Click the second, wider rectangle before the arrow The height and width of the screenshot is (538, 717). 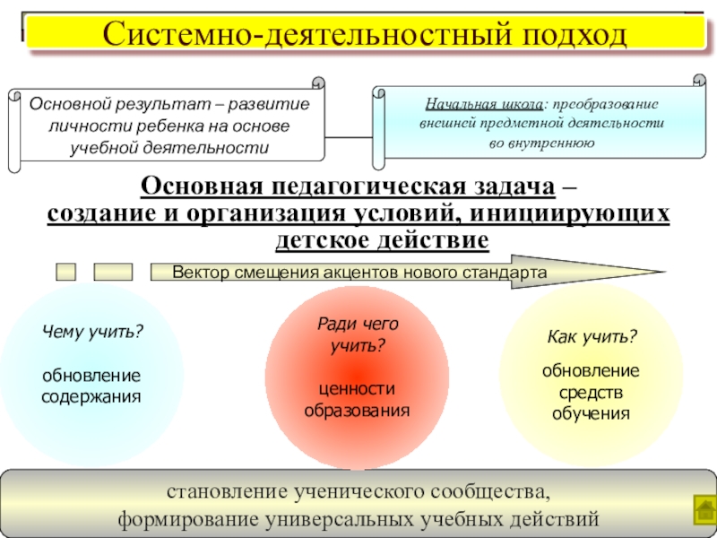(113, 271)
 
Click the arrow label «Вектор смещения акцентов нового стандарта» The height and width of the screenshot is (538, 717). (358, 271)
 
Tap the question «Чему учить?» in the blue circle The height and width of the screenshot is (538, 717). (92, 332)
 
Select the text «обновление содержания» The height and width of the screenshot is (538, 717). (91, 385)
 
